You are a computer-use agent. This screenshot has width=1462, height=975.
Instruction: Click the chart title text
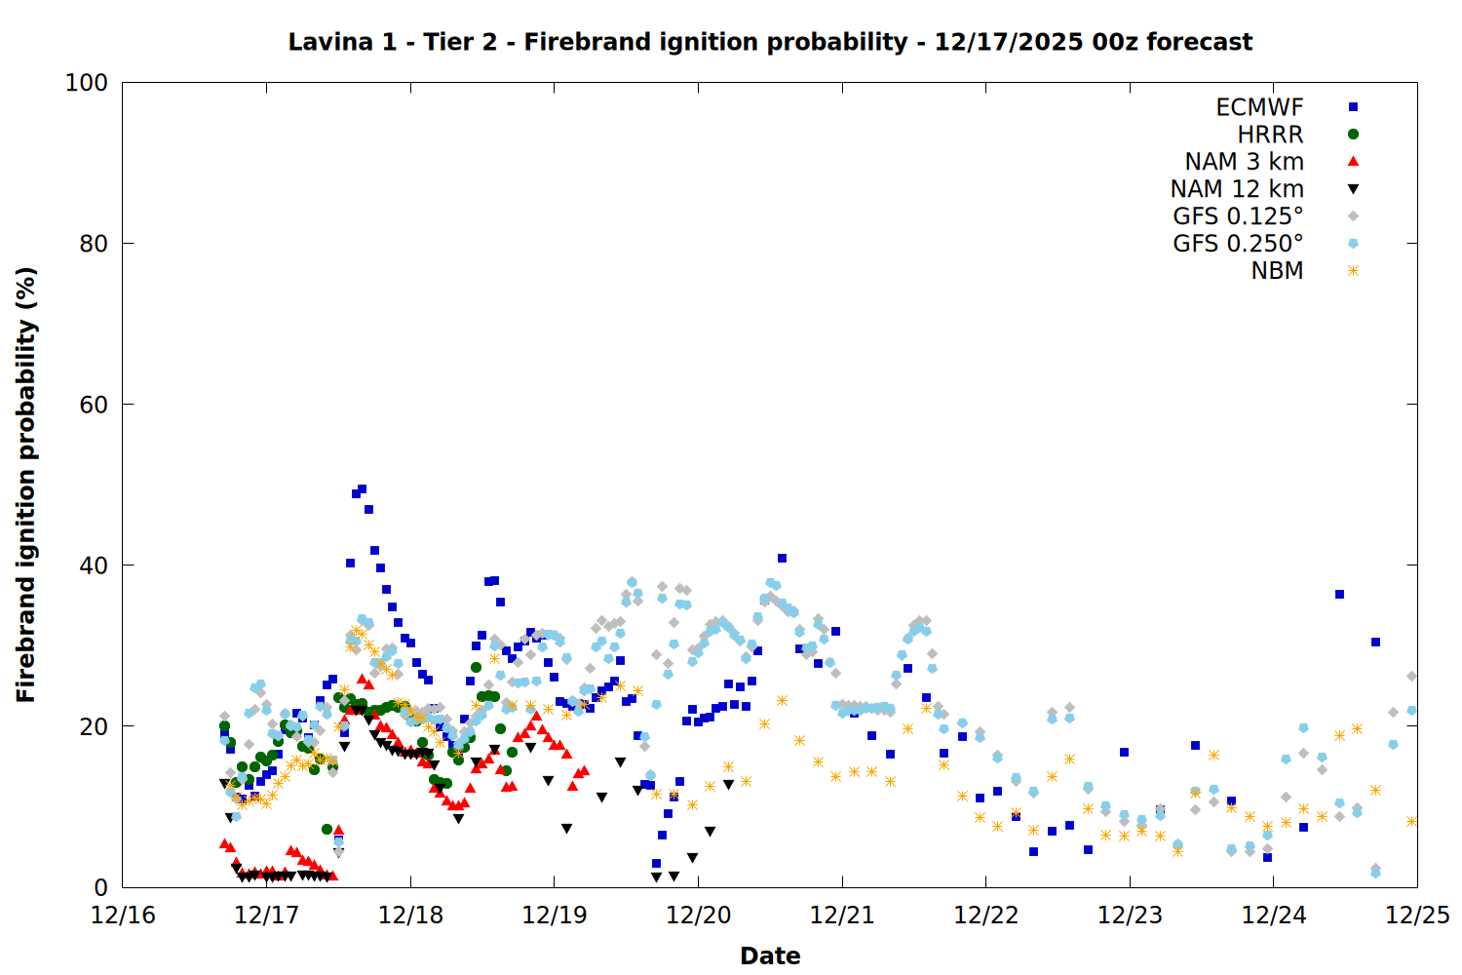click(x=770, y=42)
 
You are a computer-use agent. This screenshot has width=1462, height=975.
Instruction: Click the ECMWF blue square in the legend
click(x=1353, y=107)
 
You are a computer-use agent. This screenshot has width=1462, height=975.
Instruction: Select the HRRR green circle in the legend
click(x=1353, y=135)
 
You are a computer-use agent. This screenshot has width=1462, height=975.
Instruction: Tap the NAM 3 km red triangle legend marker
click(x=1353, y=162)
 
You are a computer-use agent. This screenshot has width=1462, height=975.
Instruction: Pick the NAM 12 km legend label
click(x=1237, y=189)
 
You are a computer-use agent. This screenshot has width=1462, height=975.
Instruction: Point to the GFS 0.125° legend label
click(x=1238, y=216)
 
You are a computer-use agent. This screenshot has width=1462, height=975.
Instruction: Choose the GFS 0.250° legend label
click(x=1238, y=244)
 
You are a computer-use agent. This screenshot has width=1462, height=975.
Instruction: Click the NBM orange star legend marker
click(x=1353, y=271)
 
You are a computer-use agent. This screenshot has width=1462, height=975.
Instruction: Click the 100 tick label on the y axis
click(x=86, y=83)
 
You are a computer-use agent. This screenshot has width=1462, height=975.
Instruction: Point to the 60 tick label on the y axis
click(x=93, y=405)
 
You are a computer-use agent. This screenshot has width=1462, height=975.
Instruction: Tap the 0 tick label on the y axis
click(x=100, y=887)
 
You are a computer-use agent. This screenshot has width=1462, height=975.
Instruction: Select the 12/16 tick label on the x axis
click(x=123, y=916)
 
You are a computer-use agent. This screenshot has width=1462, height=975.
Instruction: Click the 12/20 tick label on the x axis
click(x=698, y=916)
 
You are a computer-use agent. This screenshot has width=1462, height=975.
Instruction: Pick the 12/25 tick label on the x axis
click(x=1417, y=916)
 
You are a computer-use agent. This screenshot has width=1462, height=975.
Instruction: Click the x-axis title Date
click(x=770, y=955)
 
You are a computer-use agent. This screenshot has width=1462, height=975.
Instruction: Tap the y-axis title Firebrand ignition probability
click(x=26, y=485)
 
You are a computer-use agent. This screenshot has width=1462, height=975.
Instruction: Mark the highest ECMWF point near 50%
click(x=362, y=489)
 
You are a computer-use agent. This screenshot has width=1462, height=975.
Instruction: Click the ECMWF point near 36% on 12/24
click(x=1339, y=594)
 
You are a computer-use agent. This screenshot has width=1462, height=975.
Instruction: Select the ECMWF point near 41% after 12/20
click(x=782, y=559)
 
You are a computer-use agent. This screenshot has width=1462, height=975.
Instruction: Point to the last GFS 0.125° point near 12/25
click(x=1411, y=676)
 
